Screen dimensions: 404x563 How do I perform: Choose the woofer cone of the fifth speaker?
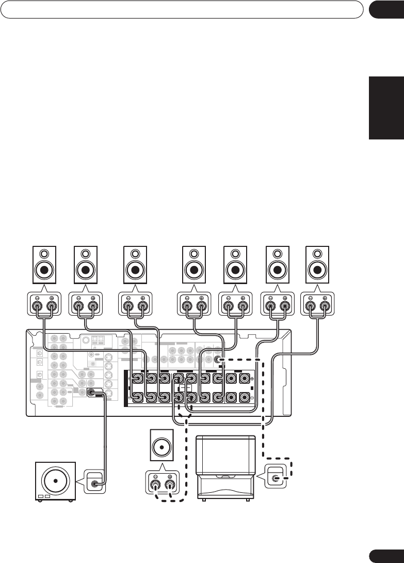click(236, 270)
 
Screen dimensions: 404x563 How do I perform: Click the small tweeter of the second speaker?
click(86, 254)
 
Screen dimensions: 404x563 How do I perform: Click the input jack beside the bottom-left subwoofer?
click(95, 484)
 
